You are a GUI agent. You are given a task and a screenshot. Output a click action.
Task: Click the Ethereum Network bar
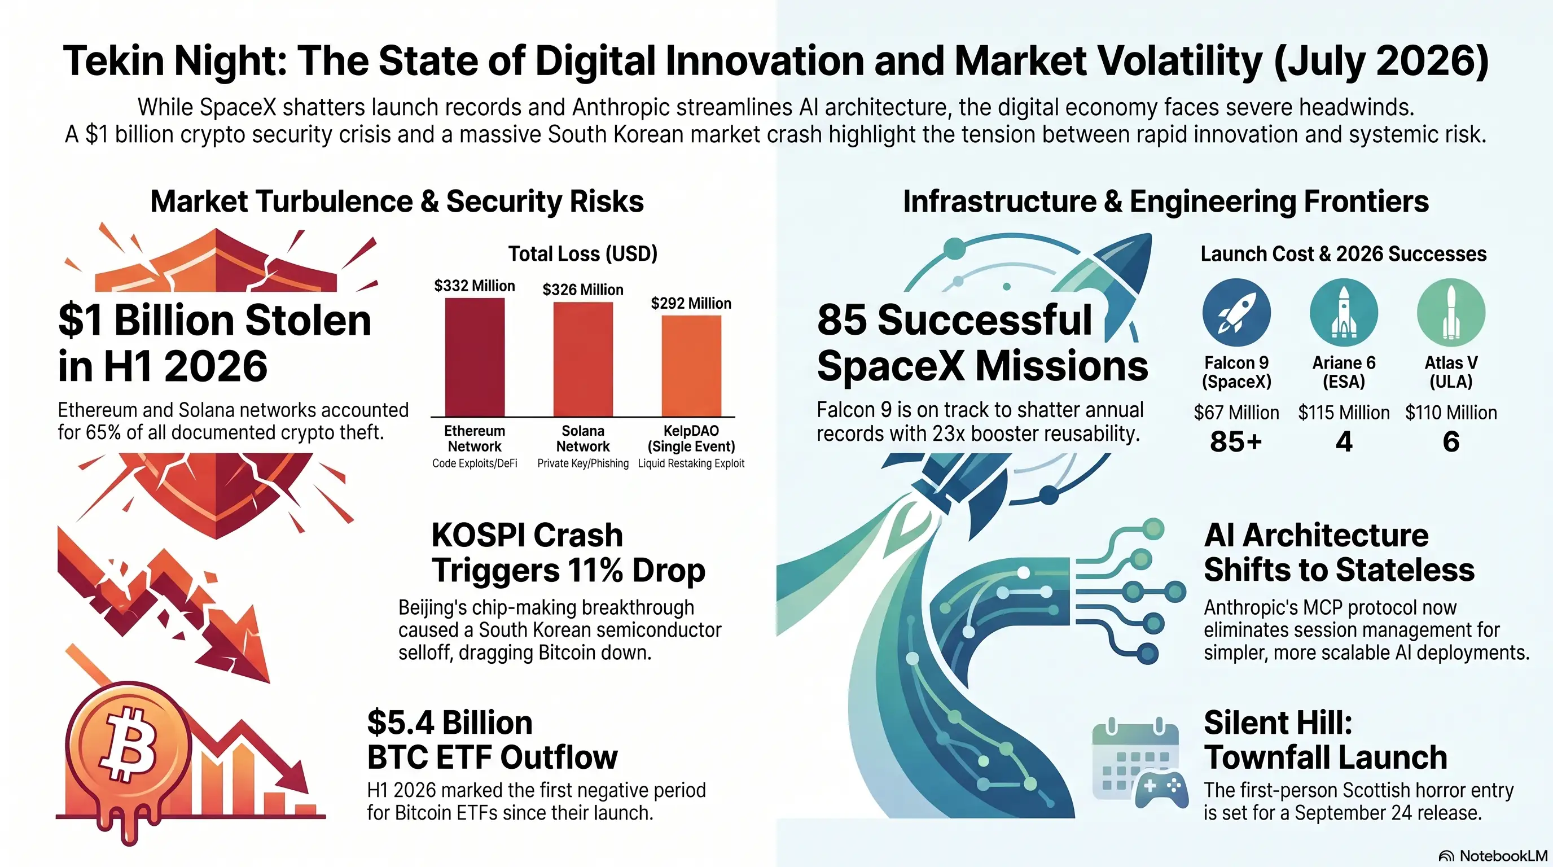pyautogui.click(x=475, y=357)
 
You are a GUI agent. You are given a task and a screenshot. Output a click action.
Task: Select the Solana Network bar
pyautogui.click(x=583, y=359)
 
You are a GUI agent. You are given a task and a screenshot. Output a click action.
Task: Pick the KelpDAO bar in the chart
pyautogui.click(x=691, y=365)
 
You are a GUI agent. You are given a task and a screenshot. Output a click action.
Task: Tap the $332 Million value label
pyautogui.click(x=475, y=286)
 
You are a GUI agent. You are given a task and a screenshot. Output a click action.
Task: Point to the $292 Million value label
pyautogui.click(x=691, y=303)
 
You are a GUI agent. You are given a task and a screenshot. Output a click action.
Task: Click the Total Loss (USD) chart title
pyautogui.click(x=582, y=254)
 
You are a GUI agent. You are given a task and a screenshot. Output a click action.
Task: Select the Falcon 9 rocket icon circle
pyautogui.click(x=1236, y=312)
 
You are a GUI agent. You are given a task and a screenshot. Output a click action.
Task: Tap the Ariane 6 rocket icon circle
pyautogui.click(x=1344, y=312)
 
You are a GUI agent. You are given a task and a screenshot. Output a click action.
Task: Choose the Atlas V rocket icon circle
pyautogui.click(x=1451, y=312)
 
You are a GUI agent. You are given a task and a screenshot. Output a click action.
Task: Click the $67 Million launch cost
pyautogui.click(x=1236, y=413)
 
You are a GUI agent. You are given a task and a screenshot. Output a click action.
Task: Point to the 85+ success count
pyautogui.click(x=1236, y=442)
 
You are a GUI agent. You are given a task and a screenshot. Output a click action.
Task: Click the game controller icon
pyautogui.click(x=1161, y=790)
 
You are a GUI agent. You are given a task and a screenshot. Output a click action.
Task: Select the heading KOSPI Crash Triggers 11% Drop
pyautogui.click(x=568, y=552)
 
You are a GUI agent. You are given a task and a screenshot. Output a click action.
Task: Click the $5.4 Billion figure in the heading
pyautogui.click(x=450, y=722)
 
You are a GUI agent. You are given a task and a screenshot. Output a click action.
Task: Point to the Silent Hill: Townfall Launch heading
pyautogui.click(x=1325, y=740)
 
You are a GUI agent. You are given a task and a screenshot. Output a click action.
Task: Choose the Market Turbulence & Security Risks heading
pyautogui.click(x=397, y=202)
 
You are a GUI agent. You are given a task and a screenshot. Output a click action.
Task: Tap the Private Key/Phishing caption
pyautogui.click(x=583, y=463)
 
